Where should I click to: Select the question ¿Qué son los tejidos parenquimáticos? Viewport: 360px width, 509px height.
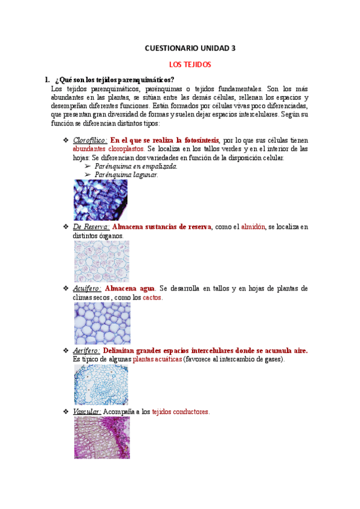pos(115,80)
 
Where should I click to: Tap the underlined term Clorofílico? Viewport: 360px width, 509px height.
pos(91,140)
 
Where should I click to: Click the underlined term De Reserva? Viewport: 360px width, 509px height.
pos(91,227)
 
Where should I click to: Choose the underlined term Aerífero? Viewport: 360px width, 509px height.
pos(86,351)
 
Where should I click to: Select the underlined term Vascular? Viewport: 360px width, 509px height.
pos(86,412)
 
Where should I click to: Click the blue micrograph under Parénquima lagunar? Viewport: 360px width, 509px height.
pos(101,200)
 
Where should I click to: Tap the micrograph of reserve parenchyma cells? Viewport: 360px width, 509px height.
pos(101,261)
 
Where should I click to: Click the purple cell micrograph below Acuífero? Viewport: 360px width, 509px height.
pos(101,323)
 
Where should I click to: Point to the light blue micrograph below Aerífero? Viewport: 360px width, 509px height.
pos(101,385)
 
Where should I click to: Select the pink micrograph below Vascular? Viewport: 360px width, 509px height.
pos(101,438)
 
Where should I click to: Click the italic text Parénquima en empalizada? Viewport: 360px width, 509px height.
pos(136,166)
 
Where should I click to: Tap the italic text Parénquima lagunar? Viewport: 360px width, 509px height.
pos(127,175)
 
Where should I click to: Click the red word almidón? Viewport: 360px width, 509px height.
pos(253,227)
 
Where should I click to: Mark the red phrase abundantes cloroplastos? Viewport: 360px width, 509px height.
pos(108,148)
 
